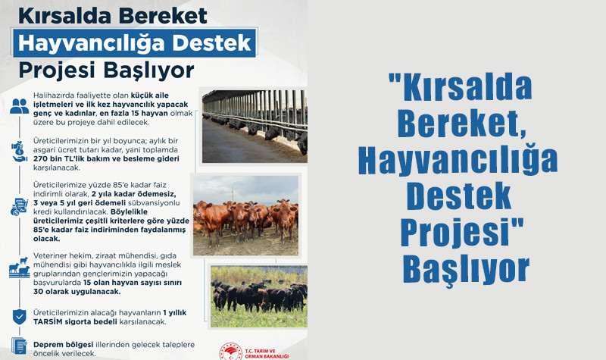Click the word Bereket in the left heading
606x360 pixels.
[x=163, y=16]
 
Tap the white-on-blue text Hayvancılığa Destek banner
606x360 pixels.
[x=135, y=43]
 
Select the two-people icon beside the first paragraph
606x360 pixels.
[x=20, y=106]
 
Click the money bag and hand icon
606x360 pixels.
[x=19, y=151]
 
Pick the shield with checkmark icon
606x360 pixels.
[x=20, y=317]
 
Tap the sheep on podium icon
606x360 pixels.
[x=20, y=268]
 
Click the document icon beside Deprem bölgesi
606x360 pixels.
[x=19, y=346]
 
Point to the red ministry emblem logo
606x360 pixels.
[x=231, y=352]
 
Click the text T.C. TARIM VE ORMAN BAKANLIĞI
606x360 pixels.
[x=267, y=354]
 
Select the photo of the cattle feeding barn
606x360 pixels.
[x=255, y=127]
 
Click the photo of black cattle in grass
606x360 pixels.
[x=259, y=296]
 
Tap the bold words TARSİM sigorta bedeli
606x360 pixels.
[x=75, y=321]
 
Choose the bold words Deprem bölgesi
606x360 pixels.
[x=63, y=345]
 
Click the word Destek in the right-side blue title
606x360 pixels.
[x=459, y=196]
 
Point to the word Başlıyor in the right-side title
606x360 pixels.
[x=466, y=269]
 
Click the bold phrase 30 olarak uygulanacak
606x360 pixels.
[x=77, y=292]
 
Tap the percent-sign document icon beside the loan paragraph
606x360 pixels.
[x=19, y=207]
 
